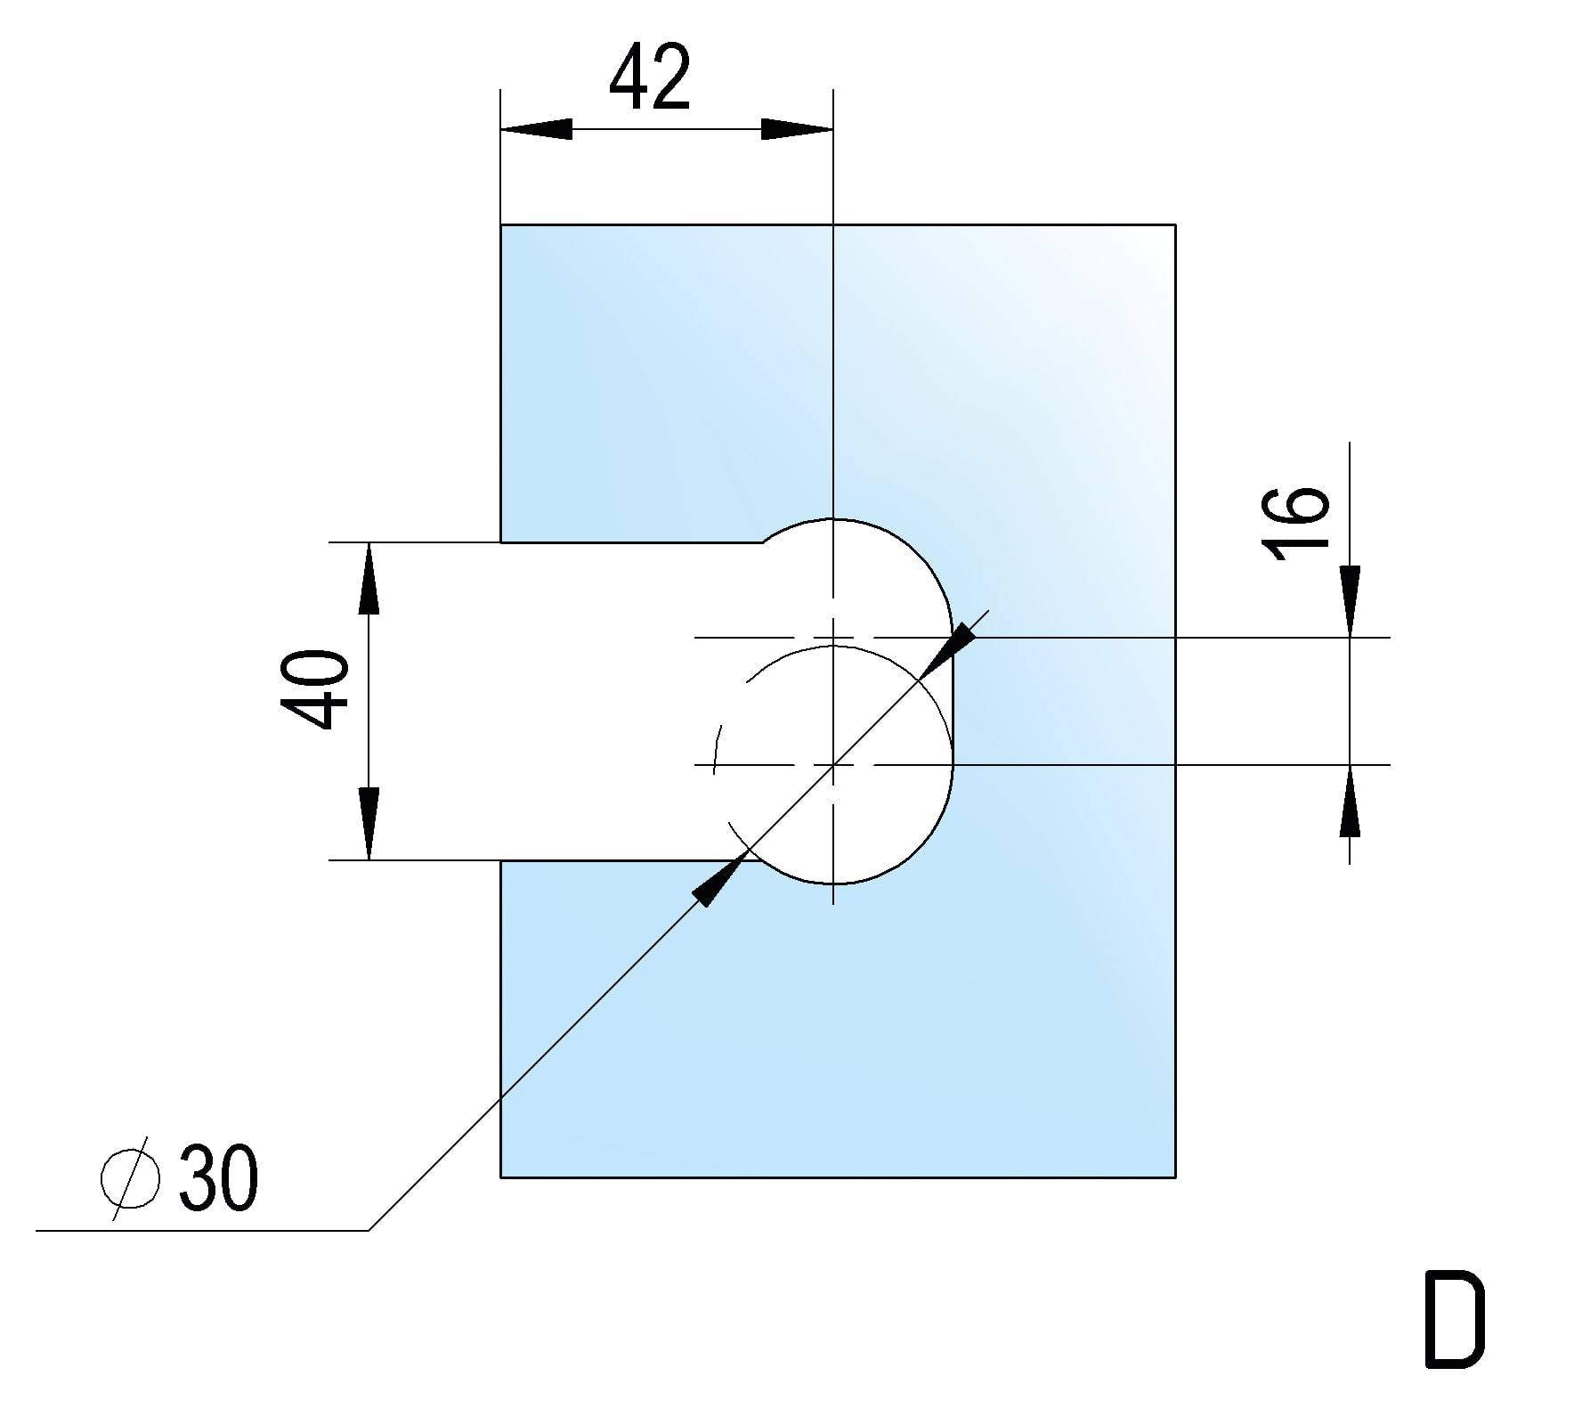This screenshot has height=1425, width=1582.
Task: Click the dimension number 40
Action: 313,689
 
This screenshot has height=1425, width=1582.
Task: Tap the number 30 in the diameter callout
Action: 218,1179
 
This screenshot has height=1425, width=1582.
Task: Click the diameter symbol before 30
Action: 130,1179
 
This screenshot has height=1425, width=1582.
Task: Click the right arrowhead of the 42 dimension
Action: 798,129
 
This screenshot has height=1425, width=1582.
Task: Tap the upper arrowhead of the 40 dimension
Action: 369,579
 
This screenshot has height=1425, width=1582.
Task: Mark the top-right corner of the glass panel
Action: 1175,224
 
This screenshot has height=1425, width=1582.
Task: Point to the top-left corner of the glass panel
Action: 501,224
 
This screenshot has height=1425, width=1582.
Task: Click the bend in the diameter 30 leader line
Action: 369,1231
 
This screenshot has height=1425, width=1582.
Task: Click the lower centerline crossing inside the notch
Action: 832,765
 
